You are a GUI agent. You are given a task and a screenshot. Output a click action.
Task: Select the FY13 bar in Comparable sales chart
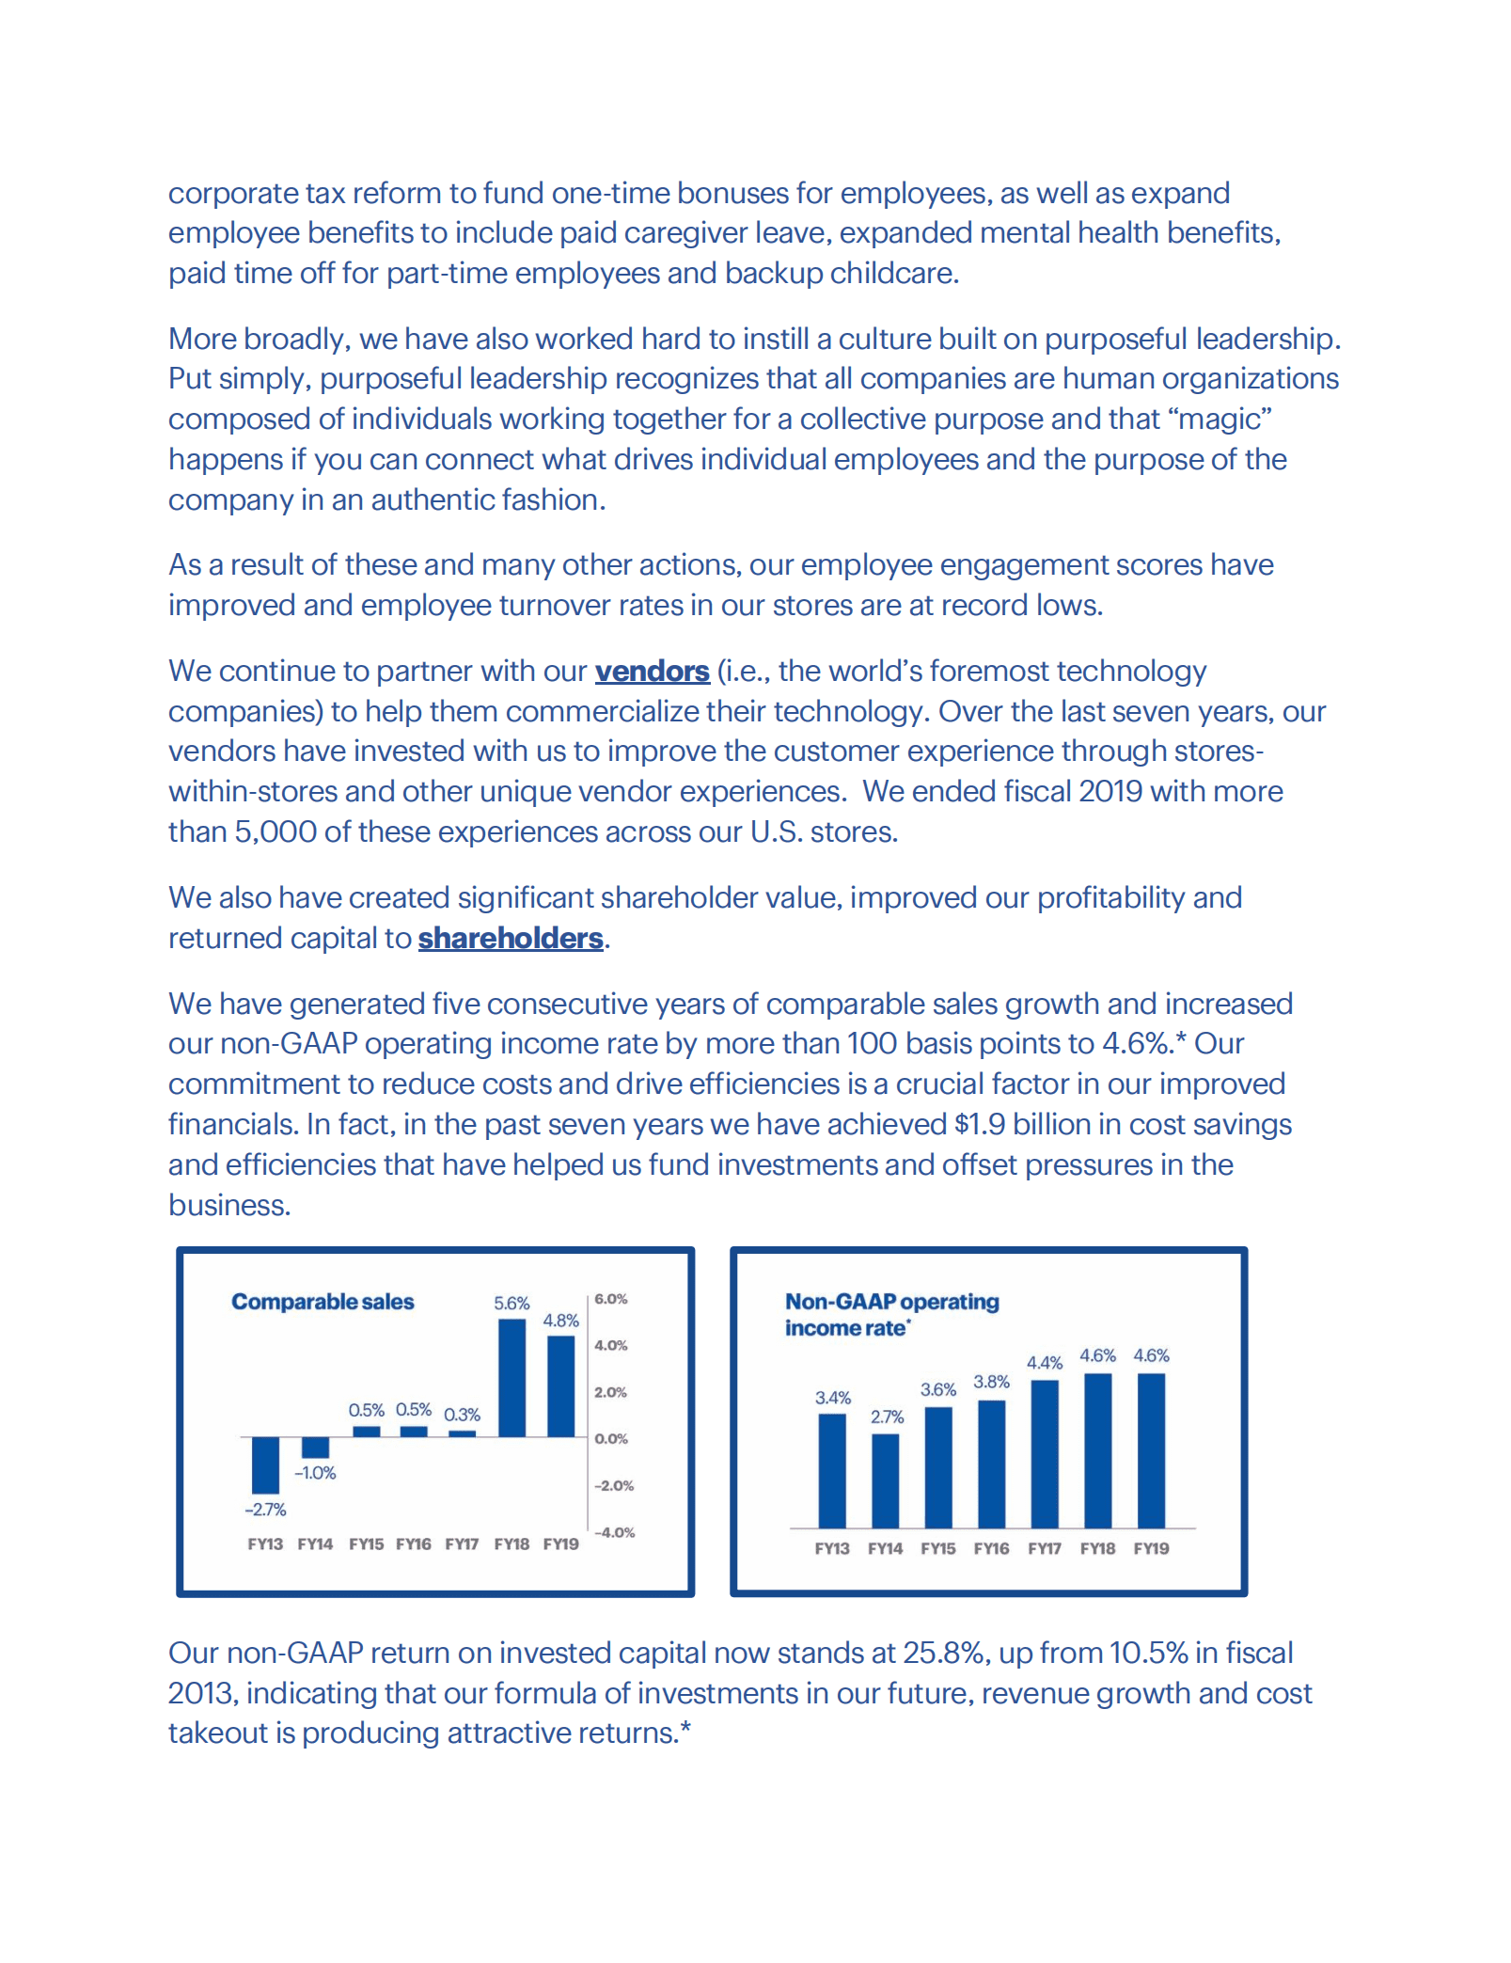[x=265, y=1464]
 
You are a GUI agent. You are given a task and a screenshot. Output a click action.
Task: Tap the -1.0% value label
[x=315, y=1473]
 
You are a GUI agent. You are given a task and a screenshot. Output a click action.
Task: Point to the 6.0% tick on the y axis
[x=610, y=1299]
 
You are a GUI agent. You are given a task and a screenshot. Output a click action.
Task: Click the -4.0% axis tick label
[x=614, y=1532]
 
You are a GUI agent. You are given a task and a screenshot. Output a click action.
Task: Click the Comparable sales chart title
[x=323, y=1302]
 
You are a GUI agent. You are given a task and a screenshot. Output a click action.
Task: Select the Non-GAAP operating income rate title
[x=890, y=1314]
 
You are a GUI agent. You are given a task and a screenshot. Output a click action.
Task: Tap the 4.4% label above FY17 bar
[x=1044, y=1363]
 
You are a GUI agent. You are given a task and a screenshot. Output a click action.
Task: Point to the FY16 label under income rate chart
[x=991, y=1548]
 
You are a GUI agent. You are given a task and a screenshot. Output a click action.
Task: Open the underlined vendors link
[x=652, y=672]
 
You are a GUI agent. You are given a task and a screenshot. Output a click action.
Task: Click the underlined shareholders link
[x=511, y=939]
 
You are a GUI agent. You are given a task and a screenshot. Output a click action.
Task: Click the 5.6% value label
[x=512, y=1304]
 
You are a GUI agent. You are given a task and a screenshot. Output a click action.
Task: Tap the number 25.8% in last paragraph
[x=944, y=1653]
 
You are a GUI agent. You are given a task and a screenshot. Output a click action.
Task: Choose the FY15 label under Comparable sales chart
[x=366, y=1544]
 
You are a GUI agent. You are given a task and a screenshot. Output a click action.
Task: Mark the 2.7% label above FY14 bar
[x=887, y=1417]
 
